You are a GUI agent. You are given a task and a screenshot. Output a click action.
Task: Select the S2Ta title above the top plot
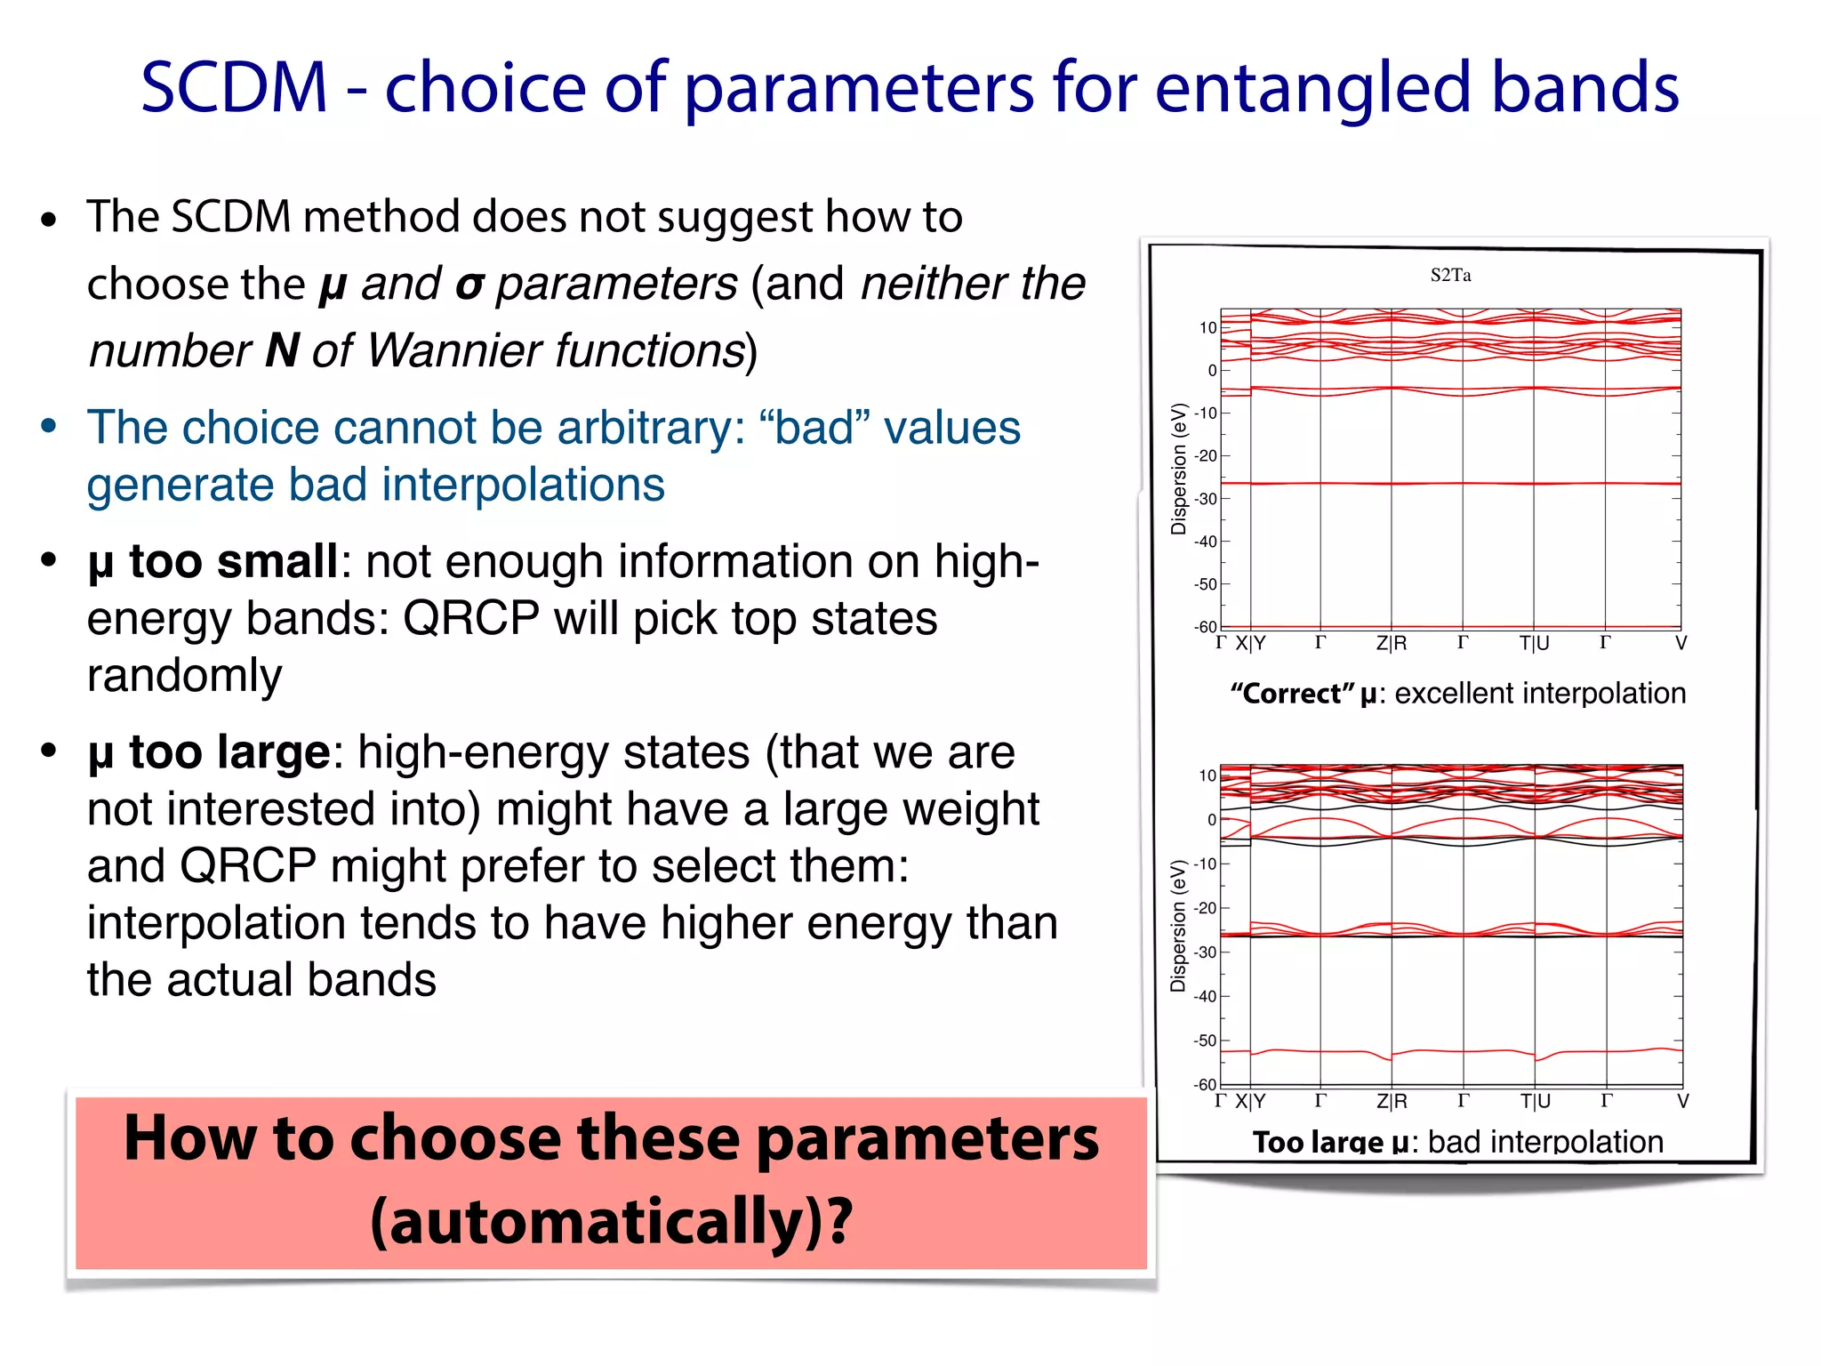pyautogui.click(x=1450, y=276)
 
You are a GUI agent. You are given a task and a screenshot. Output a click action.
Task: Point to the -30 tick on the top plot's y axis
pyautogui.click(x=1206, y=499)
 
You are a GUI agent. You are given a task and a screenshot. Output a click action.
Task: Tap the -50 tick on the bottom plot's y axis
pyautogui.click(x=1205, y=1041)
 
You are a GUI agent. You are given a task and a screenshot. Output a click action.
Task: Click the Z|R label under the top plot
pyautogui.click(x=1392, y=643)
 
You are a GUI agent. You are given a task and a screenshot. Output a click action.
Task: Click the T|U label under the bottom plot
pyautogui.click(x=1535, y=1101)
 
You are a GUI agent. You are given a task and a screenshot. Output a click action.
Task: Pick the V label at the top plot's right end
pyautogui.click(x=1681, y=643)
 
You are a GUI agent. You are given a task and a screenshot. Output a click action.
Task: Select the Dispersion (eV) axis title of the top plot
pyautogui.click(x=1179, y=469)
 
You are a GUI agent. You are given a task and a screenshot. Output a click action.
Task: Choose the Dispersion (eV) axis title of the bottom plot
pyautogui.click(x=1178, y=925)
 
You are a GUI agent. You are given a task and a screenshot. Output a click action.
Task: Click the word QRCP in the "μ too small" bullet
pyautogui.click(x=471, y=618)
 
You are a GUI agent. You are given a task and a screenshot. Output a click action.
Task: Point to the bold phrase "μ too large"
pyautogui.click(x=209, y=752)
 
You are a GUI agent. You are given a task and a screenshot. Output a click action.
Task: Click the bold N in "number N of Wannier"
pyautogui.click(x=282, y=350)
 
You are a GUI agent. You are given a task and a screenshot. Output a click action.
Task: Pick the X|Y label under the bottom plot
pyautogui.click(x=1250, y=1101)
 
